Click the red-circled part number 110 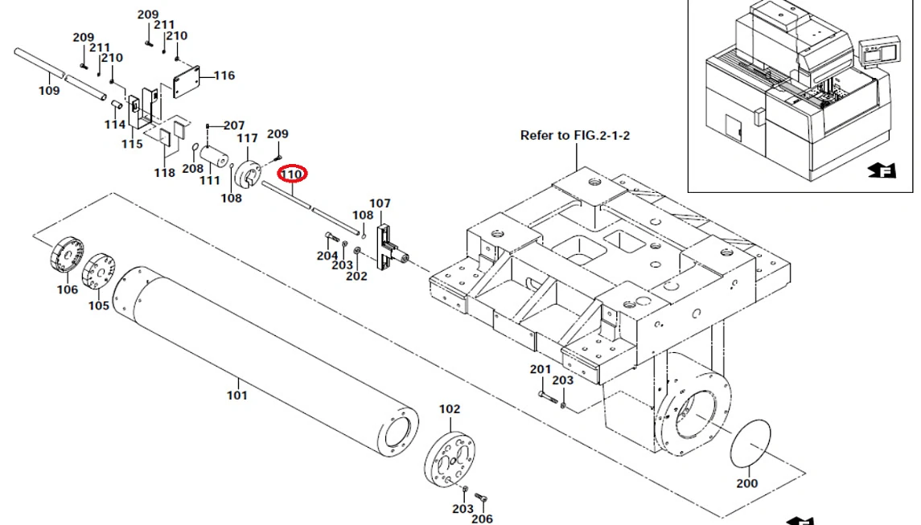pos(290,173)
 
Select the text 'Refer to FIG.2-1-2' pos(574,135)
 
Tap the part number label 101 pos(237,395)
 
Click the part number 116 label pos(224,76)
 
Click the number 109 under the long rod pos(49,91)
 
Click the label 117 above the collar pos(247,138)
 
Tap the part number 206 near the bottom pos(482,519)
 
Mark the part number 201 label pos(540,369)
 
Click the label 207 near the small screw pos(234,125)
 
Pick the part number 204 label pos(327,256)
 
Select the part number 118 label pos(164,173)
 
